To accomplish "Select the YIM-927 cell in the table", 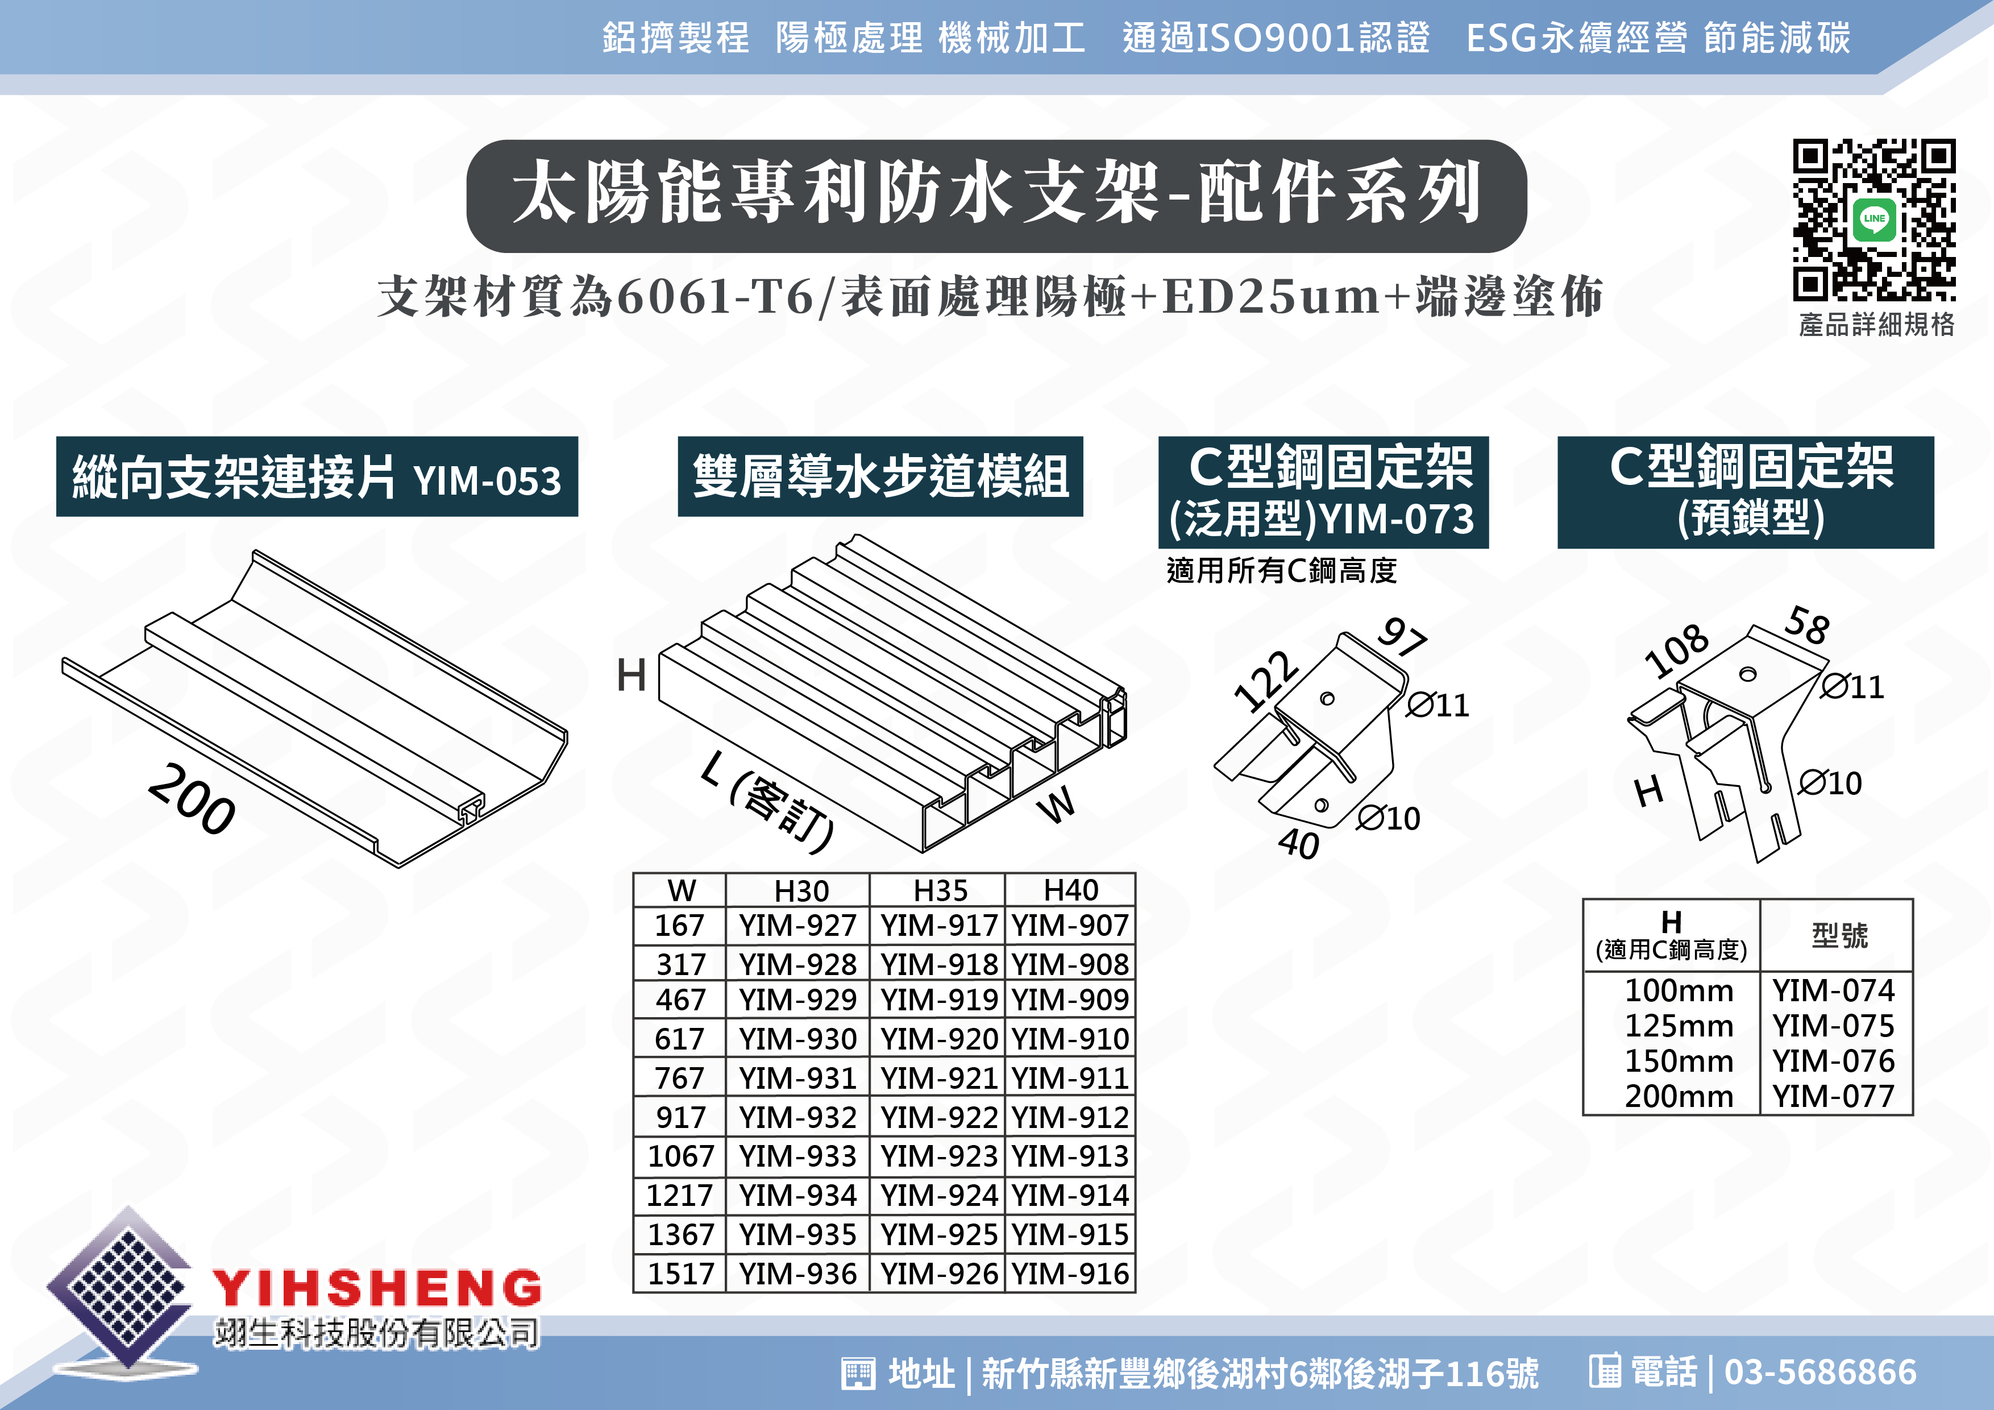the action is pos(798,925).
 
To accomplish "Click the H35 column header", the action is pos(940,890).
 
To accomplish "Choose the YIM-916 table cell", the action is pos(1070,1274).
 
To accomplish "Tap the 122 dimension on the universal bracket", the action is pos(1266,681).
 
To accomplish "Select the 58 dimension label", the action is pos(1808,625).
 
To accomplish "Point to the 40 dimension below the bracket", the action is pos(1298,843).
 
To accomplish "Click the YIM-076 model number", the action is pos(1833,1061).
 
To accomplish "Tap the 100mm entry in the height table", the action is pos(1679,990).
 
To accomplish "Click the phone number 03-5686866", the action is pos(1820,1372).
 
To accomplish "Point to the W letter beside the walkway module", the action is pos(1057,803).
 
